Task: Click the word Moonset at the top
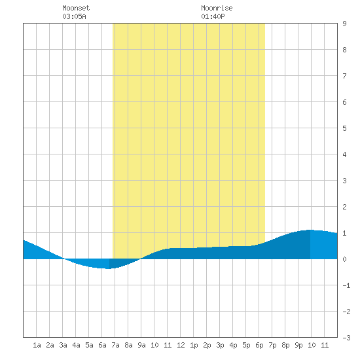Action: pos(76,8)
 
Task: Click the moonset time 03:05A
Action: pos(74,16)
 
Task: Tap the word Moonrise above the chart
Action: pos(217,8)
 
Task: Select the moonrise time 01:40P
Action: pos(213,16)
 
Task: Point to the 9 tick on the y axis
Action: pos(344,24)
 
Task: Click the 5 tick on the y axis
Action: pos(344,128)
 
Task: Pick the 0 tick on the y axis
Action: pos(344,259)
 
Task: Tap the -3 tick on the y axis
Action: pos(346,338)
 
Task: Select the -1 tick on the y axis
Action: pos(346,285)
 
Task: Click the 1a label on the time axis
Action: pos(37,345)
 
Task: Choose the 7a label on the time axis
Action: pos(115,345)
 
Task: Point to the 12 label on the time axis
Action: pos(181,345)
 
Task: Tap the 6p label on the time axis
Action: pos(259,345)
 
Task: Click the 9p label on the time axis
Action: pos(298,345)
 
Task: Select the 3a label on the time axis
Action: pos(63,345)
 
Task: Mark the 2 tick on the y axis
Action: pos(344,207)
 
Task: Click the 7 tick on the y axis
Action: pos(344,76)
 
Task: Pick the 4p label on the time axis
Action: pos(233,345)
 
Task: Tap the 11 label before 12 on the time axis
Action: pos(168,345)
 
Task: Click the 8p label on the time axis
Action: pos(285,345)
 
